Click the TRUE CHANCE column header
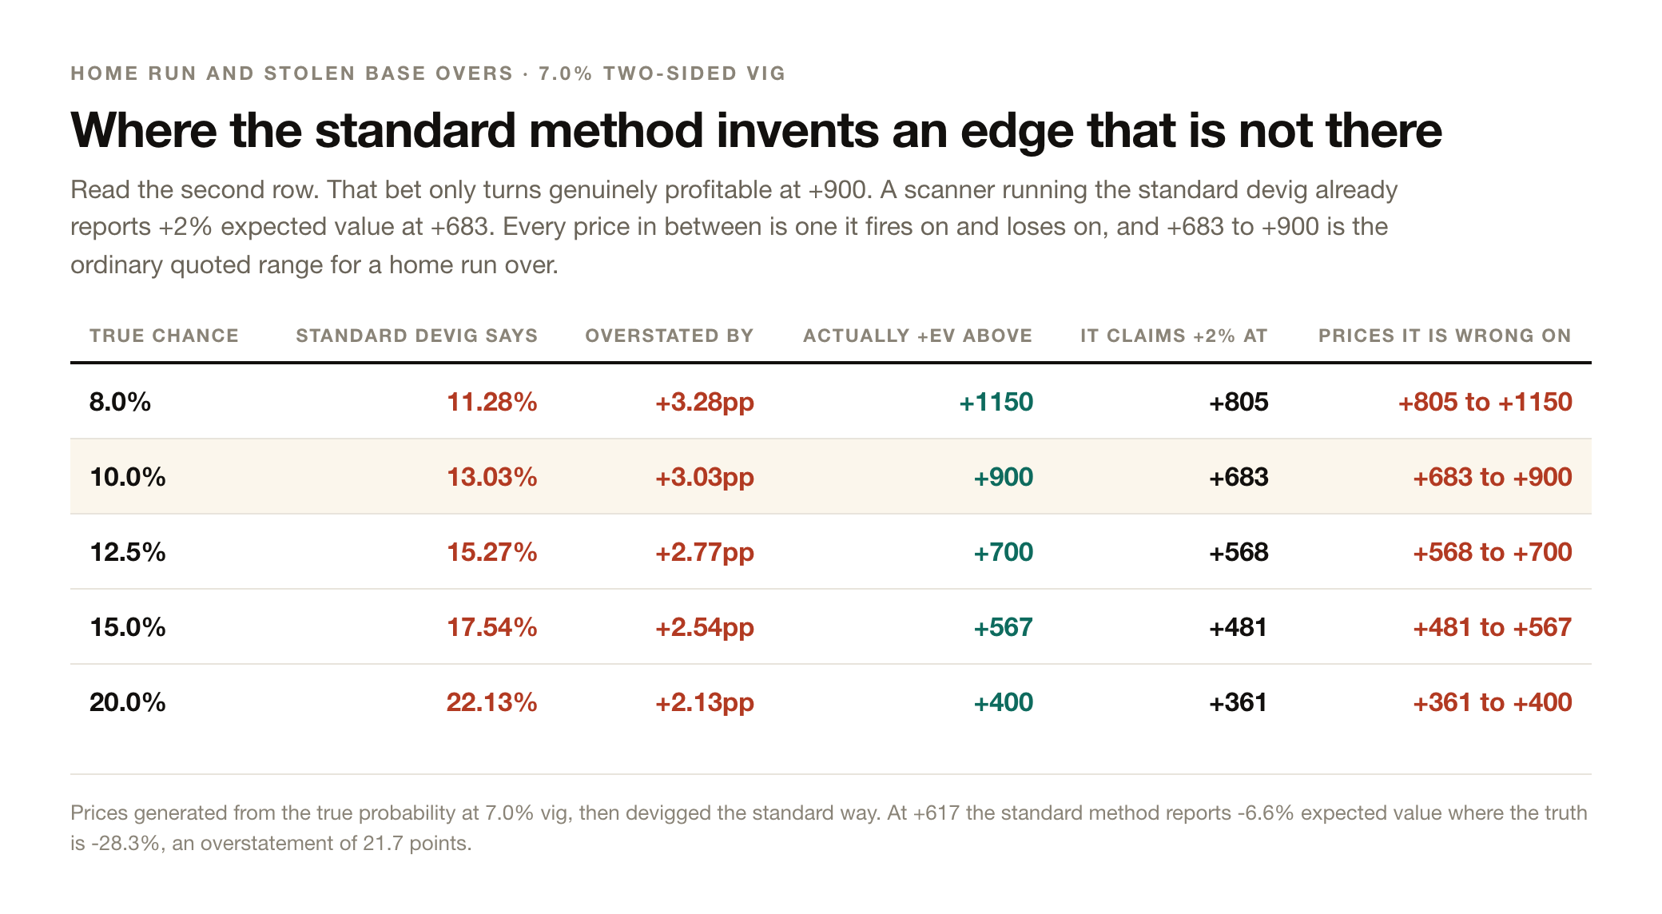coord(164,336)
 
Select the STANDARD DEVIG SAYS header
coord(416,336)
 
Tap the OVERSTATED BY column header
coord(670,336)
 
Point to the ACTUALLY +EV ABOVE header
coord(917,336)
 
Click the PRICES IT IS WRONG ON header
coord(1445,336)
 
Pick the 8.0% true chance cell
coord(120,402)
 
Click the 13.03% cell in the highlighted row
coord(491,477)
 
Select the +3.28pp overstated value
coord(705,403)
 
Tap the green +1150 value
coord(996,402)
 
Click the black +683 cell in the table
coord(1239,477)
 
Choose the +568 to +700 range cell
coord(1493,552)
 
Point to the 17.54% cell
coord(491,627)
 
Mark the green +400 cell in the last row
coord(1003,702)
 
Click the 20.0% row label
coord(128,702)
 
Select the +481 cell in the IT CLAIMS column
coord(1239,627)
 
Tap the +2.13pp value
coord(705,703)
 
